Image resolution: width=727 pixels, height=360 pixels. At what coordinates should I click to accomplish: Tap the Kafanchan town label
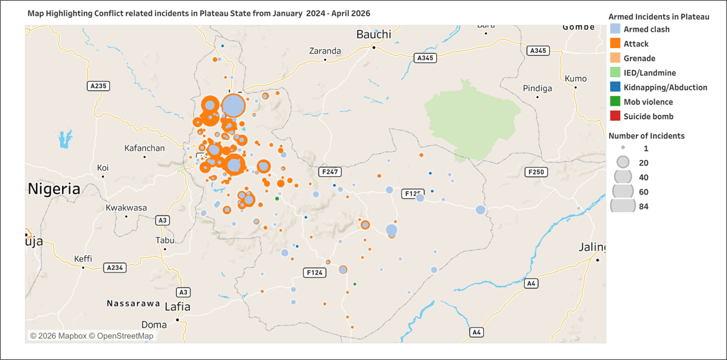[x=144, y=148]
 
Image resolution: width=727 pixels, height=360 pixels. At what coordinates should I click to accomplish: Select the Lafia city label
[x=177, y=307]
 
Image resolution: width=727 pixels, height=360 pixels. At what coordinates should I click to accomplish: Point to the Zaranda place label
[x=325, y=51]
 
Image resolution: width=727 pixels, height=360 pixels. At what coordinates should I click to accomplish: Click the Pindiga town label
[x=537, y=88]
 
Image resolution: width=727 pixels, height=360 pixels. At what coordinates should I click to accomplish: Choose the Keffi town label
[x=83, y=259]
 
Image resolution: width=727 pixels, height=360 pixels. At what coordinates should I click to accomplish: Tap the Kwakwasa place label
[x=126, y=208]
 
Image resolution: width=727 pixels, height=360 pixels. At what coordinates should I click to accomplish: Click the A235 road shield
[x=98, y=86]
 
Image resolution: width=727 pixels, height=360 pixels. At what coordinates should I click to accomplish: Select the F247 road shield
[x=330, y=172]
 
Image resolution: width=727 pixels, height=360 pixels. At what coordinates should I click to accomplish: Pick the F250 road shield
[x=536, y=172]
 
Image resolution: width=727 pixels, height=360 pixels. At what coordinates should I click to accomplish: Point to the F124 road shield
[x=314, y=272]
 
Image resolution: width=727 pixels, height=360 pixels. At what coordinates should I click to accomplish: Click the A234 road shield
[x=114, y=268]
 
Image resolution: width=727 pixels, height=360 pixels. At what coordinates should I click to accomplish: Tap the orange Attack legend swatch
[x=615, y=44]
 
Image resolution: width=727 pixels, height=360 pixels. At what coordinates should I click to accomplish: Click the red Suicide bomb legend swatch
[x=615, y=116]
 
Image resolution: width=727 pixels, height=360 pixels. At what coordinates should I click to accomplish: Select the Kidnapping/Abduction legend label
[x=665, y=88]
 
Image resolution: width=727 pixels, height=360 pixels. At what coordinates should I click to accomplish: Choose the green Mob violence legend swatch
[x=615, y=102]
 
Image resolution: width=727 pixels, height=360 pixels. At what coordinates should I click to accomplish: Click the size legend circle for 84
[x=622, y=206]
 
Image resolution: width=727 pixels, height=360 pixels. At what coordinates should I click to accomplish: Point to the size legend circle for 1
[x=623, y=148]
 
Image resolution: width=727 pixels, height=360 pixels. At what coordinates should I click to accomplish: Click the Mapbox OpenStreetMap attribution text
[x=92, y=336]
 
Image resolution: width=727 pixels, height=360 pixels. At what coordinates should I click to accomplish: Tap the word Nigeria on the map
[x=54, y=189]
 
